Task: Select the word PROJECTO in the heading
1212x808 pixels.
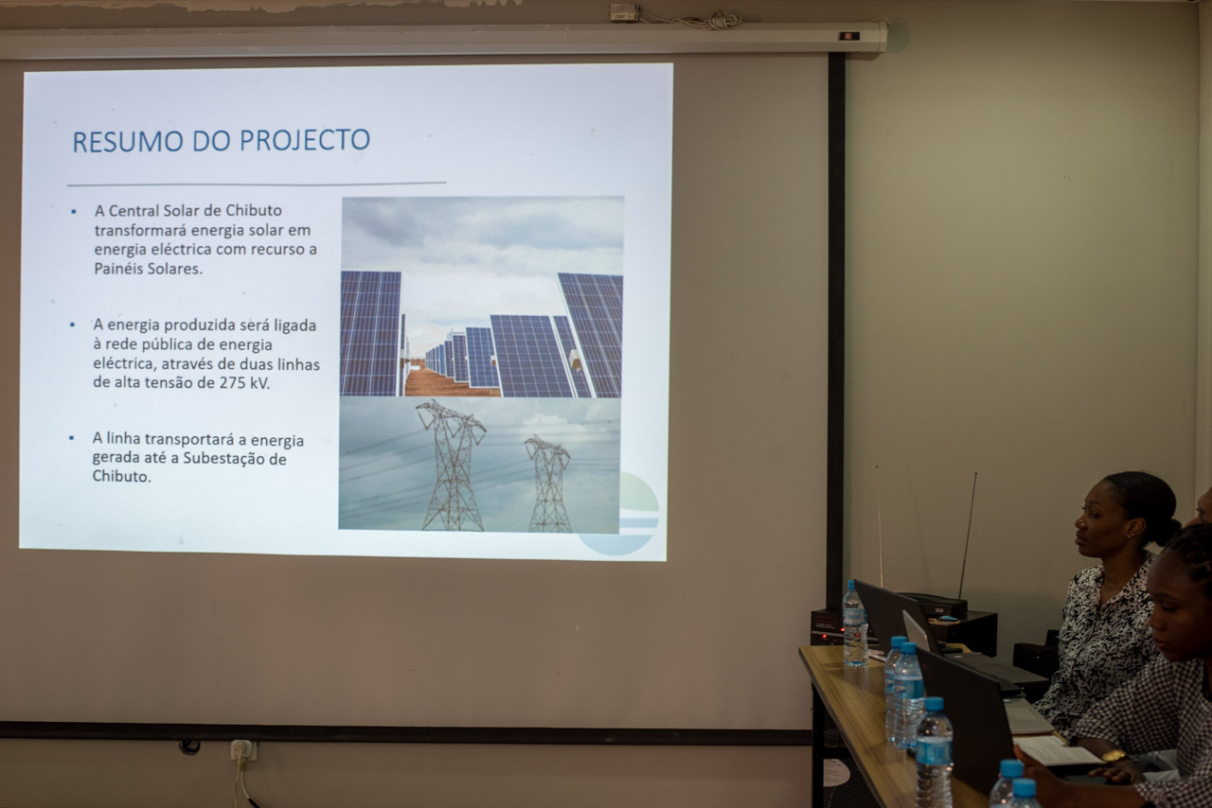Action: (305, 140)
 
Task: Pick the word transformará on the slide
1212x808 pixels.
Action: (141, 230)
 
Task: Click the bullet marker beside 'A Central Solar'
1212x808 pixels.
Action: (74, 212)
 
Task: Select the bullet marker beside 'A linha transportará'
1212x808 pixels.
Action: (71, 438)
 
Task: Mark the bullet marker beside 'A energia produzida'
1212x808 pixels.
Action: (73, 325)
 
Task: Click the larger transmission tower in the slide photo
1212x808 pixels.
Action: (453, 465)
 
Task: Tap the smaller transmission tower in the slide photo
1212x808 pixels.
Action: (548, 483)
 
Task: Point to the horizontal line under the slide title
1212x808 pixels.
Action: (257, 184)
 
